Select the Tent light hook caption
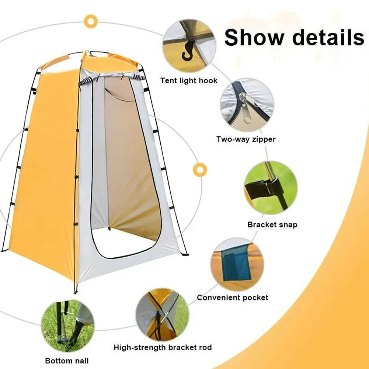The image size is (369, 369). click(189, 80)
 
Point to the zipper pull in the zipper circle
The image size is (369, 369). click(245, 107)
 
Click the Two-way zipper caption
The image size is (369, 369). click(246, 139)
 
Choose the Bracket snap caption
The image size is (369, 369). click(272, 224)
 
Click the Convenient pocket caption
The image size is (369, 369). click(232, 297)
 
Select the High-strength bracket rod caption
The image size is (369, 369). click(163, 347)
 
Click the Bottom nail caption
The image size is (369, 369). click(67, 360)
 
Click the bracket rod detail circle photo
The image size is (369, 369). click(162, 314)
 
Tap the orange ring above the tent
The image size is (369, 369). click(90, 21)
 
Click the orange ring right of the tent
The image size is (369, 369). click(200, 170)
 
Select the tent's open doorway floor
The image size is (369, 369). click(125, 243)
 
